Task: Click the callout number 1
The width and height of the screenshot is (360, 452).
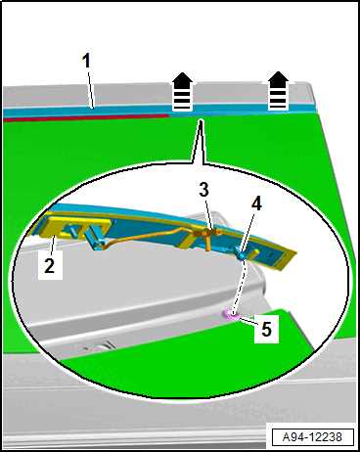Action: [86, 61]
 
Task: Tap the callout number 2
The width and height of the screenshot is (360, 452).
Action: [50, 266]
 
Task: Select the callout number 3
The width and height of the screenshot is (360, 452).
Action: [203, 190]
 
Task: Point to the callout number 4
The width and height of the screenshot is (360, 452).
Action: [256, 203]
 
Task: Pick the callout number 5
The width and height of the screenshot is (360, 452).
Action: [266, 329]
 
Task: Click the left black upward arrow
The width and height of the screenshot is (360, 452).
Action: [182, 92]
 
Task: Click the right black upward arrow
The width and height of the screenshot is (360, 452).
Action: [278, 90]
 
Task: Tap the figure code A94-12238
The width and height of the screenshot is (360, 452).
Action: [312, 437]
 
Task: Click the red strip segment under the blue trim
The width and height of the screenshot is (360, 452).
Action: [86, 117]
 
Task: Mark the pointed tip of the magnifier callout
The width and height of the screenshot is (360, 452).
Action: [201, 120]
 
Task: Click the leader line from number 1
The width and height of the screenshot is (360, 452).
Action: [90, 89]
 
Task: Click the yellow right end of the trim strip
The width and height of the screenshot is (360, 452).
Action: [283, 258]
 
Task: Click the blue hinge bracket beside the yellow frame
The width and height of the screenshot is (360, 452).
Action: [95, 239]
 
